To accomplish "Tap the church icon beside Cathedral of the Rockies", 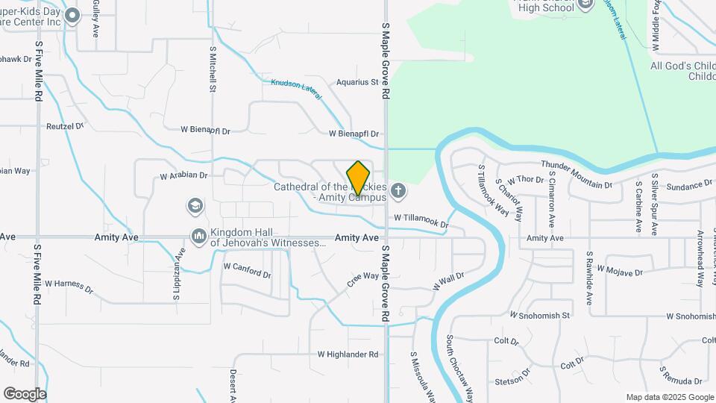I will point(398,191).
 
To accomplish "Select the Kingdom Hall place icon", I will point(198,237).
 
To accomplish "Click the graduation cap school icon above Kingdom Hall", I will point(195,205).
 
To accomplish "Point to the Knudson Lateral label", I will point(296,88).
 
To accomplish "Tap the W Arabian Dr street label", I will point(183,177).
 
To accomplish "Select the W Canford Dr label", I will point(247,269).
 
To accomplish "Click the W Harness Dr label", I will point(69,286).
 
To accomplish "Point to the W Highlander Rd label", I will point(348,354).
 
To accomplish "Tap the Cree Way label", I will point(363,281).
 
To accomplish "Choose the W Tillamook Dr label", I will point(421,220).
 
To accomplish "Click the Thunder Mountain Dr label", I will point(576,174).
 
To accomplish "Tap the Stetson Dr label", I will point(512,377).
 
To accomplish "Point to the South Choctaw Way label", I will point(460,367).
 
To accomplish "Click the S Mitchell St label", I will point(213,69).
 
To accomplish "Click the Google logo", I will point(25,394).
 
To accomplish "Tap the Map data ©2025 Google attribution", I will point(669,397).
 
